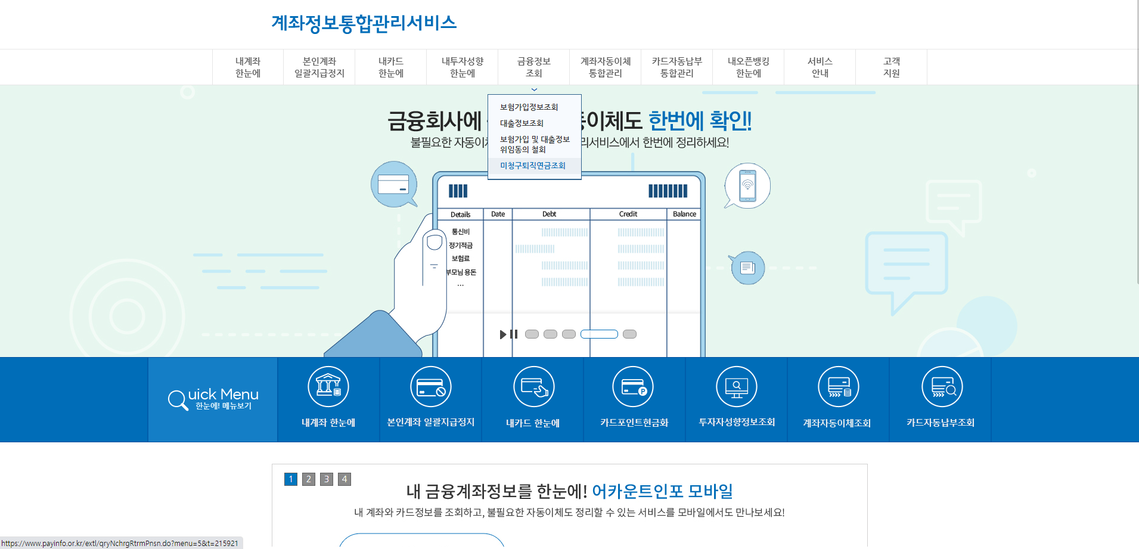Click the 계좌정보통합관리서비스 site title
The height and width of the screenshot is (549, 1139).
click(x=364, y=23)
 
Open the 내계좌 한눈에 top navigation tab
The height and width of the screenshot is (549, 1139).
click(x=248, y=67)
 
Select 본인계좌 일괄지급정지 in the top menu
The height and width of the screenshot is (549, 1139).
click(x=319, y=67)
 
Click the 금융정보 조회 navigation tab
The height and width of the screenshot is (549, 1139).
click(x=534, y=67)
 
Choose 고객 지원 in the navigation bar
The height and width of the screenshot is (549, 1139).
click(x=892, y=67)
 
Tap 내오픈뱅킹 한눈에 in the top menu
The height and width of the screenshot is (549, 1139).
click(x=749, y=67)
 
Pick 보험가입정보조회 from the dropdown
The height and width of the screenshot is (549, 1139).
click(x=529, y=107)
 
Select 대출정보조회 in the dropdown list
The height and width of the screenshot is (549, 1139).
click(x=522, y=123)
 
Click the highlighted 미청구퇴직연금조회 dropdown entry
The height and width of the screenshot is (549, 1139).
click(x=533, y=166)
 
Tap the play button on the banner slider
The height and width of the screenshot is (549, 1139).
click(x=503, y=334)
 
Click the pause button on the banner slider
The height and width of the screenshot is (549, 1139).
click(x=514, y=334)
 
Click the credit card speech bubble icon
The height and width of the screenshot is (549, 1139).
click(x=393, y=184)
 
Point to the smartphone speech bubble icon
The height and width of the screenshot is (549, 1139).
click(x=747, y=185)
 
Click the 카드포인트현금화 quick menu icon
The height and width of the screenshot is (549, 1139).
click(x=633, y=387)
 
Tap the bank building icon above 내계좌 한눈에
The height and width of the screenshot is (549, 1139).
click(x=328, y=386)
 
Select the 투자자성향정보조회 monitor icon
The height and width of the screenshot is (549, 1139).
click(x=737, y=387)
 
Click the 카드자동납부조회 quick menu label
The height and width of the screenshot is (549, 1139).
click(x=941, y=423)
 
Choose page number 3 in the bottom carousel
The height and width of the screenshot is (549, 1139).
click(x=327, y=479)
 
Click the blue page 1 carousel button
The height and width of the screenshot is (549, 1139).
click(x=291, y=479)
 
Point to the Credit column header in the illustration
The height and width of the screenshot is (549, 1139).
click(x=628, y=214)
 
